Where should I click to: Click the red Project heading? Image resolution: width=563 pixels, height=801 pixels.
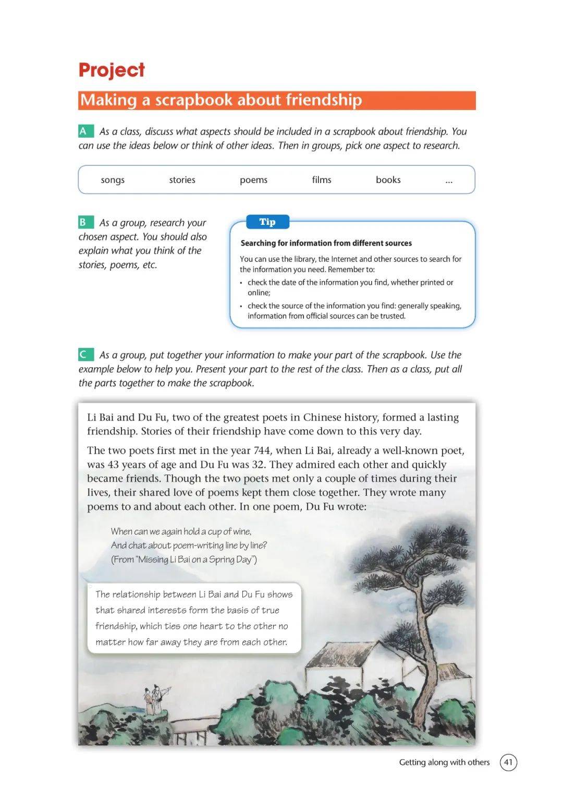pos(112,70)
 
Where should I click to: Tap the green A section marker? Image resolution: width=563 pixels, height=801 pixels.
pos(84,131)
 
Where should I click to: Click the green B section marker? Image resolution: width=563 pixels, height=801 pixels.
pos(84,222)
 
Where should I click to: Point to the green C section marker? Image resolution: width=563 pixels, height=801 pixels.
pos(84,355)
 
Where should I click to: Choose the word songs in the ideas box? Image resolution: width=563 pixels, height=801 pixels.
pos(113,180)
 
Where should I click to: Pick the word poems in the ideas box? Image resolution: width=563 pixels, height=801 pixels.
pos(253,180)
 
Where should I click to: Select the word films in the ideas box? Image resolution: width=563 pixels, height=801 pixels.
pos(322,180)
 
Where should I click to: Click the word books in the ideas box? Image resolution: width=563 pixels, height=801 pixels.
pos(388,180)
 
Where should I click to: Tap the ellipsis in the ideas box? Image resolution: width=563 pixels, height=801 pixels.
pos(449,181)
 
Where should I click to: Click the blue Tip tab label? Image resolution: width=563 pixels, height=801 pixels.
pos(267,222)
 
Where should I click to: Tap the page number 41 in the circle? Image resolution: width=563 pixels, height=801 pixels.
pos(508,762)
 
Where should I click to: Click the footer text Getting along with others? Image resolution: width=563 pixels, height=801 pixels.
pos(444,762)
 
